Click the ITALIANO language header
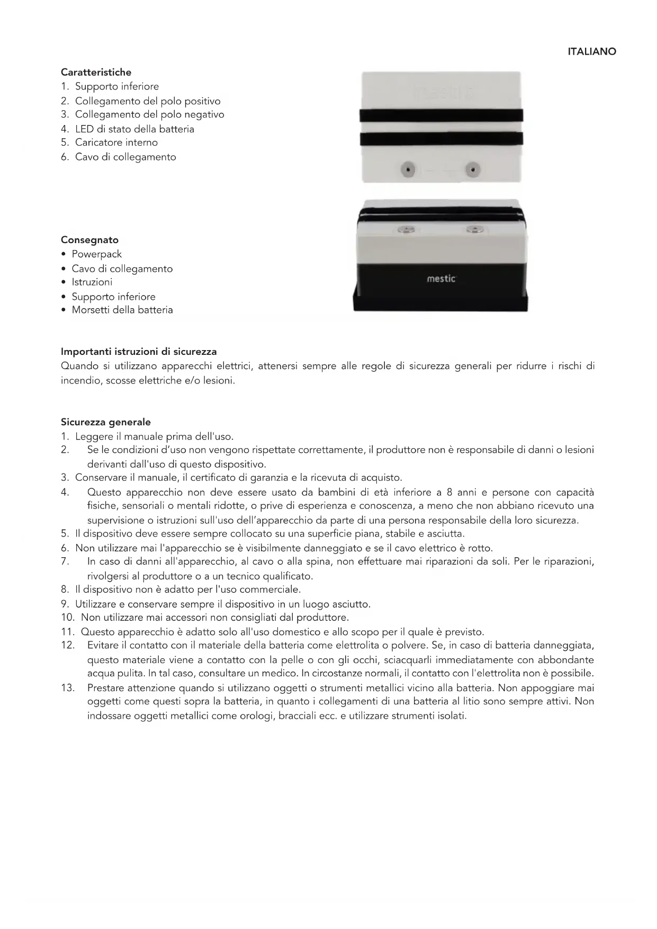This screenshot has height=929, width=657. click(x=591, y=52)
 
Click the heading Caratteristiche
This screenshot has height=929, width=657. click(x=96, y=72)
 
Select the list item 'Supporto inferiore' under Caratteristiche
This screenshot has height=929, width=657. click(x=116, y=86)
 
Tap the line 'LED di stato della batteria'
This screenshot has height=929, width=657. click(x=134, y=129)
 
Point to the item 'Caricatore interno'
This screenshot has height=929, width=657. click(x=116, y=142)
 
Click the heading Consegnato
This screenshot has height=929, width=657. click(x=89, y=240)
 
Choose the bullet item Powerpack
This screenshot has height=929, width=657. click(x=96, y=254)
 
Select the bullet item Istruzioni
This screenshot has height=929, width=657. click(x=92, y=282)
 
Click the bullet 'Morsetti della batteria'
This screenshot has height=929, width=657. click(x=122, y=310)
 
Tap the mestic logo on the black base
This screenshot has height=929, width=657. click(x=441, y=279)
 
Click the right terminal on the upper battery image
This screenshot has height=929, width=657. click(x=472, y=171)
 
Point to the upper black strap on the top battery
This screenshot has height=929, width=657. click(x=441, y=115)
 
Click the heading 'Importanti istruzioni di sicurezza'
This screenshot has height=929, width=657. click(x=139, y=352)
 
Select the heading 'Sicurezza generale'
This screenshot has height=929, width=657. click(x=106, y=422)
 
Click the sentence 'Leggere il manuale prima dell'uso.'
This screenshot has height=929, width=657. click(x=154, y=436)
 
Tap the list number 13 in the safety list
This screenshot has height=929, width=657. click(x=68, y=688)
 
